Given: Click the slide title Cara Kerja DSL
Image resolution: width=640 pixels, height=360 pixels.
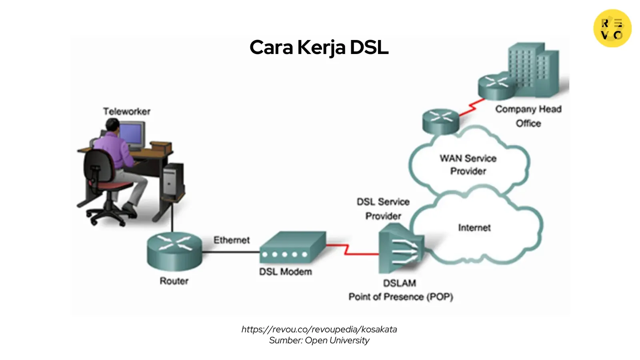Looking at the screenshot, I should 319,48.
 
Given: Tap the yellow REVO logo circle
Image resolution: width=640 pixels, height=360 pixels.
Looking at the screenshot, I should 612,28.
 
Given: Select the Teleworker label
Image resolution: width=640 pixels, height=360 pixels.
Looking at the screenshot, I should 126,112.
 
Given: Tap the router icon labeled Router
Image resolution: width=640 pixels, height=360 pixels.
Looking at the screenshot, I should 174,251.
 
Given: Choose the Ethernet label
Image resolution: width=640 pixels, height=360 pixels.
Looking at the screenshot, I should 231,240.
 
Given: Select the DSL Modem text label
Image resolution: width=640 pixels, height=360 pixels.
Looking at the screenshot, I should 285,272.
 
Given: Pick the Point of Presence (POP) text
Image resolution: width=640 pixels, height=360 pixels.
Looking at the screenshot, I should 400,297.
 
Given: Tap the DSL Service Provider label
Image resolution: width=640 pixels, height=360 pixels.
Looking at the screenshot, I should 383,209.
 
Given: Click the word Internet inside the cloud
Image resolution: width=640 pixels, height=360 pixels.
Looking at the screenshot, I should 474,228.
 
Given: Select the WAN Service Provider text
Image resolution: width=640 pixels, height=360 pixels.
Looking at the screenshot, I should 468,165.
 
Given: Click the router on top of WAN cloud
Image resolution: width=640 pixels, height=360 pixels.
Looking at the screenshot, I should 440,121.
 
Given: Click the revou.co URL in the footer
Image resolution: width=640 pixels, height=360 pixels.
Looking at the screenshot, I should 319,329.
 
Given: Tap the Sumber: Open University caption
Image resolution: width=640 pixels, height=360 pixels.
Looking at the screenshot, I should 319,340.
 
